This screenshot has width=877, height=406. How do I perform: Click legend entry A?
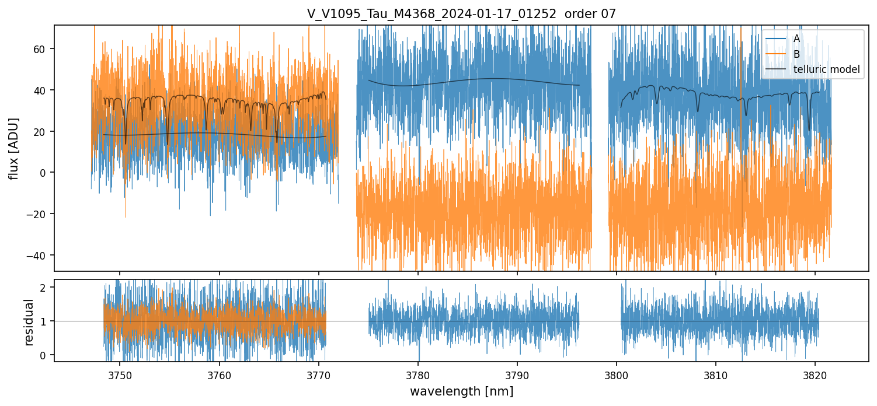(x=796, y=38)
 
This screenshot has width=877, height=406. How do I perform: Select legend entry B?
(x=796, y=54)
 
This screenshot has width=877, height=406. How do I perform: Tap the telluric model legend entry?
(x=826, y=69)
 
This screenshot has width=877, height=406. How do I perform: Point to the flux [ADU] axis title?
(x=13, y=148)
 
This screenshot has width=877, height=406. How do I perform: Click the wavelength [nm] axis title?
(x=461, y=391)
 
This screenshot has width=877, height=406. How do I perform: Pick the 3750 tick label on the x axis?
(x=120, y=375)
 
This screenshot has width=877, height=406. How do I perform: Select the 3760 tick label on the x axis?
(x=220, y=375)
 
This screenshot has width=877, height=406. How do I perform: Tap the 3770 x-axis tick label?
(x=319, y=375)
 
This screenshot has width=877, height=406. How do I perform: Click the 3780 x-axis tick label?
(x=418, y=375)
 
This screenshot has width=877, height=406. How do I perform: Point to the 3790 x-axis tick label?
(x=517, y=375)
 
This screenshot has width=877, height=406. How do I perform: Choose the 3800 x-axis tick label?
(x=617, y=375)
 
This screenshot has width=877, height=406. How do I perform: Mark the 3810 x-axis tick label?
(x=716, y=375)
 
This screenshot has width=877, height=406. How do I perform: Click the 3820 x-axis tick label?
(x=815, y=375)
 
